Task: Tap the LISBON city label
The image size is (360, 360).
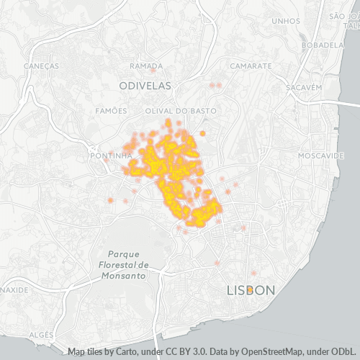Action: click(x=251, y=290)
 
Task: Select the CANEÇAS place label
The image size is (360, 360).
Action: click(x=40, y=66)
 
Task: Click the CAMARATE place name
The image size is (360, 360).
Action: click(x=251, y=66)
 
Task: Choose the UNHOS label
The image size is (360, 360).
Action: click(x=286, y=21)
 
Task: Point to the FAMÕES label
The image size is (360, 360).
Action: click(x=111, y=111)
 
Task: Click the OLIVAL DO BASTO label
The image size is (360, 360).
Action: click(x=176, y=111)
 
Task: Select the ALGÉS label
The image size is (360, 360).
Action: click(x=41, y=335)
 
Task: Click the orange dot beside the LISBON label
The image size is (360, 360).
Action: click(x=249, y=289)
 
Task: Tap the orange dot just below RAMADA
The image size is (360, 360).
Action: click(x=153, y=71)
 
